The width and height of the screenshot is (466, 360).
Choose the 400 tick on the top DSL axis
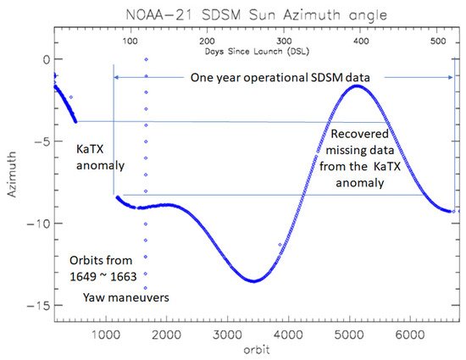pos(360,40)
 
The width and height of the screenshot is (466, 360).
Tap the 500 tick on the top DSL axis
pos(438,40)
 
